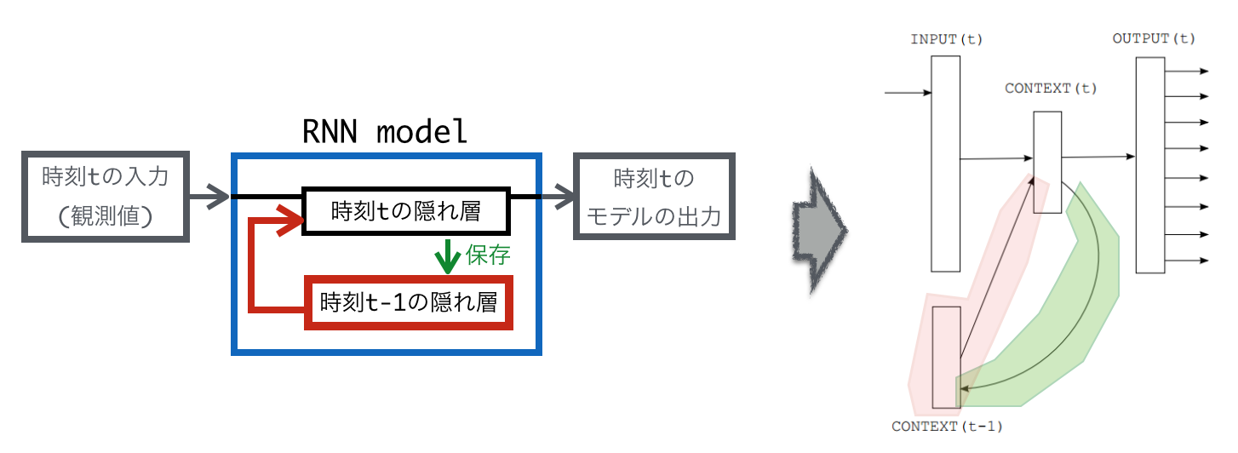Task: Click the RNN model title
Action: (x=385, y=132)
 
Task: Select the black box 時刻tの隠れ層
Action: (x=406, y=209)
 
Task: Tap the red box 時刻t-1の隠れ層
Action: (x=409, y=301)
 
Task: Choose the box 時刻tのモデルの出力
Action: (x=654, y=197)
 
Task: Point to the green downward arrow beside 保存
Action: (x=447, y=255)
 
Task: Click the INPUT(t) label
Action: (x=945, y=40)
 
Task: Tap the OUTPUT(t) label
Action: (x=1154, y=39)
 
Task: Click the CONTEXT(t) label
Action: (x=1051, y=89)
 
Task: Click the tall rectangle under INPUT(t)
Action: (x=945, y=162)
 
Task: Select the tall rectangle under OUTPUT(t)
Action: (x=1150, y=165)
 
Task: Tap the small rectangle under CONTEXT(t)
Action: (x=1047, y=162)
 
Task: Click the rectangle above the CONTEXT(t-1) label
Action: (x=946, y=357)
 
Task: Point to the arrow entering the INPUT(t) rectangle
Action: (x=908, y=91)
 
